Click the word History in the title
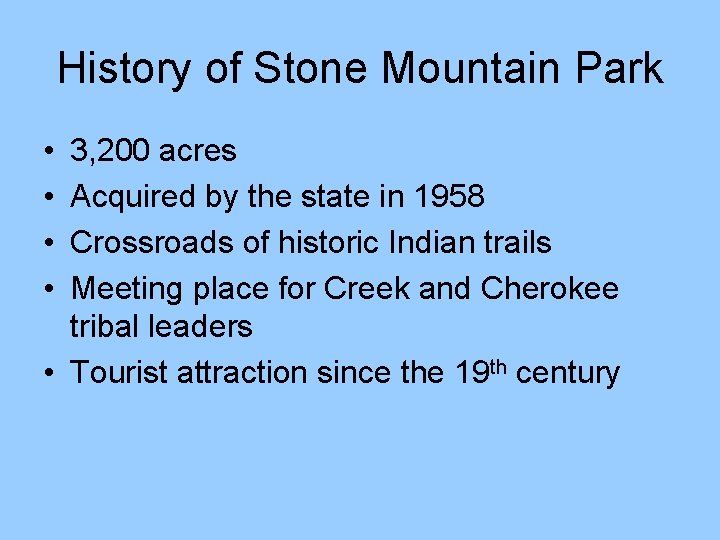click(x=121, y=69)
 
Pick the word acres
click(x=198, y=151)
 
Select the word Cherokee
click(x=550, y=289)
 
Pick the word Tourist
click(x=120, y=373)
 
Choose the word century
click(x=571, y=374)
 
